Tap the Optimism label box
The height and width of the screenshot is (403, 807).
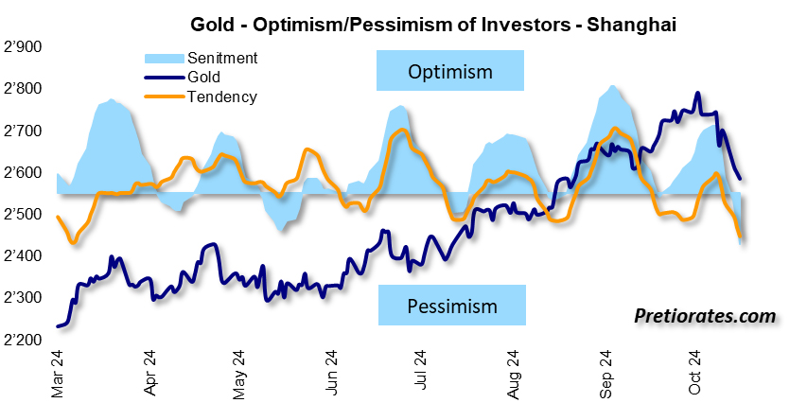450,73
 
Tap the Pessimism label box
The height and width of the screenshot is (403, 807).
451,306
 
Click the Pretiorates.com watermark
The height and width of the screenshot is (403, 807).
705,315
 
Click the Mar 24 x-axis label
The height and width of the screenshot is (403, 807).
58,372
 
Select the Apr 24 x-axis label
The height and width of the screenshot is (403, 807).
149,372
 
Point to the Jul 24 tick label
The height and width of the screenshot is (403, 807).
422,372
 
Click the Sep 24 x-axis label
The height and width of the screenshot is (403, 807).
605,372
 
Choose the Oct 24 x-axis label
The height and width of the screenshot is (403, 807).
694,372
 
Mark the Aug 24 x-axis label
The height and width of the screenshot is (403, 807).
514,372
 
